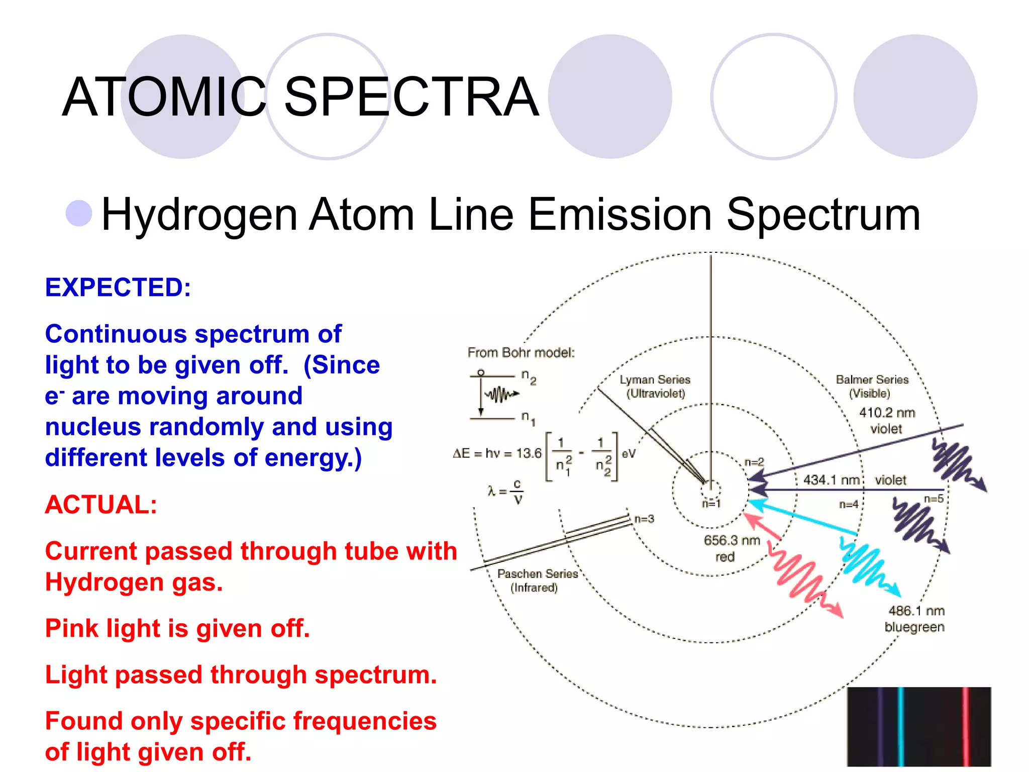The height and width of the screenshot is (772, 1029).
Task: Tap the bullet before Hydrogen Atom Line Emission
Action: tap(79, 213)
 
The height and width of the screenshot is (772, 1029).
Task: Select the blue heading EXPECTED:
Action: tap(118, 287)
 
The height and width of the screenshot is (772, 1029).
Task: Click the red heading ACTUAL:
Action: tap(101, 504)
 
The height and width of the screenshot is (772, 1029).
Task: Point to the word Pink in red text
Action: tap(72, 628)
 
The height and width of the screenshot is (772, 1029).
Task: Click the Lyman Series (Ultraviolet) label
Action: tap(655, 386)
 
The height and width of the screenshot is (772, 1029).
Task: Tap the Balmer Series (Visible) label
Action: tap(872, 386)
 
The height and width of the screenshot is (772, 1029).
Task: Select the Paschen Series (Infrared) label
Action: tap(537, 580)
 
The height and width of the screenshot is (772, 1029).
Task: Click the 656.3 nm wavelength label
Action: tap(732, 541)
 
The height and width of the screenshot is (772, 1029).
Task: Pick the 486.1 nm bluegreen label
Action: tap(915, 618)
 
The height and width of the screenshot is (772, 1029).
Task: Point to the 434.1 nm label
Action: tap(832, 480)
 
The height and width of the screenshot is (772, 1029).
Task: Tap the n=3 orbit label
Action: tap(644, 519)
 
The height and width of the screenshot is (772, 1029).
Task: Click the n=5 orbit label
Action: tap(934, 499)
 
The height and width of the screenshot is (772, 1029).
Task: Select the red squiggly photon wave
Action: tap(799, 573)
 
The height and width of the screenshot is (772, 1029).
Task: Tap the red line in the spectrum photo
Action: tap(966, 726)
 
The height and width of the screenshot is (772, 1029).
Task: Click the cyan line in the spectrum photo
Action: tap(900, 726)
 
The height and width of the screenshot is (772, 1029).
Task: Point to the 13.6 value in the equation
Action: tap(529, 453)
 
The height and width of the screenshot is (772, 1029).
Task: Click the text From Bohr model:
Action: tap(521, 353)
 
